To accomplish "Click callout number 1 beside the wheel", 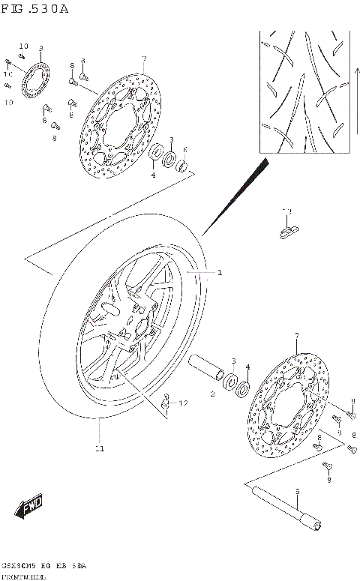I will point(220,273).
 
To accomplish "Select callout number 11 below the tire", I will point(99,448).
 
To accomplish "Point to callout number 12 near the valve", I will point(184,403).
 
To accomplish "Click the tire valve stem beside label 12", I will point(166,403).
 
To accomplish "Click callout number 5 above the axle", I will point(296,492).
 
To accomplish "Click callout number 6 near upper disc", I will point(184,150).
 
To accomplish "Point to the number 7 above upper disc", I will point(143,58).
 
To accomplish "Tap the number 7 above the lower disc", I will point(297,335).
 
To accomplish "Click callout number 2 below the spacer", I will point(212,393).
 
